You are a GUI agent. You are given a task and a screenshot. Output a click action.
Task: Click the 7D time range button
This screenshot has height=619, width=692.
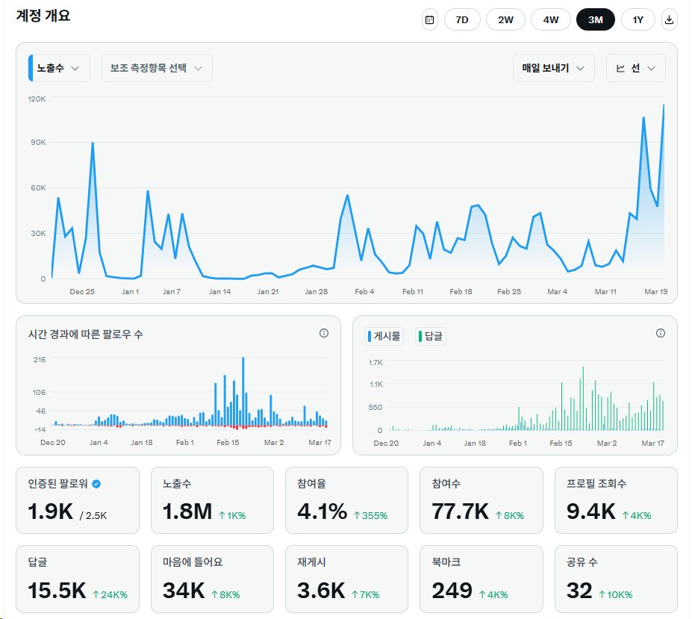point(462,20)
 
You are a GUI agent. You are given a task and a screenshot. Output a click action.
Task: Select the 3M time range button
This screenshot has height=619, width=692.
point(595,20)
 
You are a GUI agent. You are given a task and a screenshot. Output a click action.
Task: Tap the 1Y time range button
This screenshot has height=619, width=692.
point(638,20)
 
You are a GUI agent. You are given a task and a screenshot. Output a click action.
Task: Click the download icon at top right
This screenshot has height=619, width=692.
point(670,20)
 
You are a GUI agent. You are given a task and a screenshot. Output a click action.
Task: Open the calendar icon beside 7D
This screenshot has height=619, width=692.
point(429,20)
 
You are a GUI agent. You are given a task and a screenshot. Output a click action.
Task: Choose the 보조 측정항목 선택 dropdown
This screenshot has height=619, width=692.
point(157,68)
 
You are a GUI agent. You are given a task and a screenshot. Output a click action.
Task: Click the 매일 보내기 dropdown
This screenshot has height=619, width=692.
point(553,68)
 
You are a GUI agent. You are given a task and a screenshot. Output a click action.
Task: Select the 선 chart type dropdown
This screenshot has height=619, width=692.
point(635,68)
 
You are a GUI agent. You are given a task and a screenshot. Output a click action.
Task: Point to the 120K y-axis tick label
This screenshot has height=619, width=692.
point(37,99)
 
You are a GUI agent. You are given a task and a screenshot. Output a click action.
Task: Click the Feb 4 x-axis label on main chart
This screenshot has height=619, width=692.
point(364,291)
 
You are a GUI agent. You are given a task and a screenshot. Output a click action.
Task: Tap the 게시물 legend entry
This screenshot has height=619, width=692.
point(384,337)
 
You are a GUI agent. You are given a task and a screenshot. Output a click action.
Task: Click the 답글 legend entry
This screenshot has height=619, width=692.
point(431,337)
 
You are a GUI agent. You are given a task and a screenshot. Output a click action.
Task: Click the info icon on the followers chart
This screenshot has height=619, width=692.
point(324,333)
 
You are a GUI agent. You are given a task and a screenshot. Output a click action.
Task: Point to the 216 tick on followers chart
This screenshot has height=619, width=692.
point(40,359)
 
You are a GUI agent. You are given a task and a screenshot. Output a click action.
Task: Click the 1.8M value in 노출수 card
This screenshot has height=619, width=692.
point(187,511)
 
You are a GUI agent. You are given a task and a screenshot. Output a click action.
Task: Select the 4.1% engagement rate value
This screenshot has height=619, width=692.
point(322,511)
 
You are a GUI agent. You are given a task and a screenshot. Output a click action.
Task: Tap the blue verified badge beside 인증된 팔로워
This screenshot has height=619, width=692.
point(96,484)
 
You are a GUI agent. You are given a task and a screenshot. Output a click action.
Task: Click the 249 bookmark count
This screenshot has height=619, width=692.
point(452,591)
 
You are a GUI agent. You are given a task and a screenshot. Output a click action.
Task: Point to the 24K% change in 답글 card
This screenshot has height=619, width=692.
point(110,595)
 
